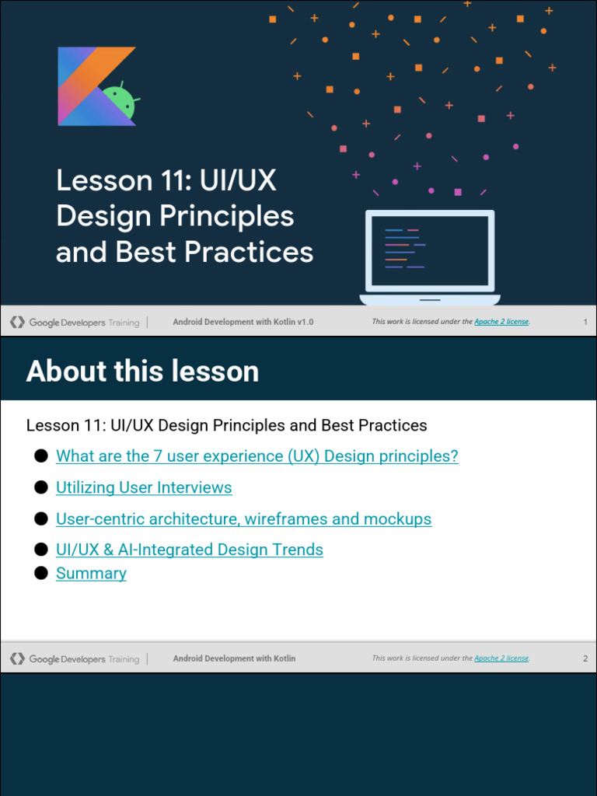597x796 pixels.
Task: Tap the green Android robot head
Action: click(120, 102)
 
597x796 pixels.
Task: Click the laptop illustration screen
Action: click(429, 251)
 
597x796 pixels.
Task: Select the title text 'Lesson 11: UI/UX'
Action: click(166, 180)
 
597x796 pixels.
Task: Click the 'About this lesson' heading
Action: click(142, 372)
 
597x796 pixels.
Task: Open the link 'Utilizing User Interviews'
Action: click(144, 487)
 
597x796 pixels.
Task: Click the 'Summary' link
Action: click(91, 573)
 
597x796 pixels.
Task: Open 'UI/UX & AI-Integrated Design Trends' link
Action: click(189, 550)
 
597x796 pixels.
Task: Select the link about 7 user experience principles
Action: click(257, 456)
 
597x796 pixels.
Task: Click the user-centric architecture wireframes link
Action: click(243, 518)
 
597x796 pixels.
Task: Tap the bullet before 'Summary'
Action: click(41, 573)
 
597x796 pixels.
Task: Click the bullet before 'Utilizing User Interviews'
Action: click(41, 487)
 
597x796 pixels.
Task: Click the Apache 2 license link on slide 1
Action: click(501, 322)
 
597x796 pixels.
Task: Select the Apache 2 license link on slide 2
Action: click(501, 658)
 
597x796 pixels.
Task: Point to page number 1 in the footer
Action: click(585, 322)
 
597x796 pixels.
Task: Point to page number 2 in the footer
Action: click(585, 658)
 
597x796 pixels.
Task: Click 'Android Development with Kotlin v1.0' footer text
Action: click(243, 322)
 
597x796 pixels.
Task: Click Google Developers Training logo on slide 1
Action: click(75, 322)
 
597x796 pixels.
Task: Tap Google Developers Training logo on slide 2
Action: click(75, 658)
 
